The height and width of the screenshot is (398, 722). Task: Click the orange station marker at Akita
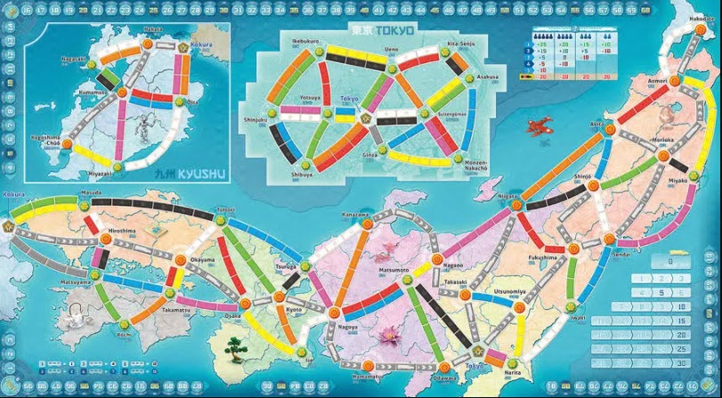click(x=610, y=129)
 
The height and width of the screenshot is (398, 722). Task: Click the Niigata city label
click(x=507, y=195)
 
